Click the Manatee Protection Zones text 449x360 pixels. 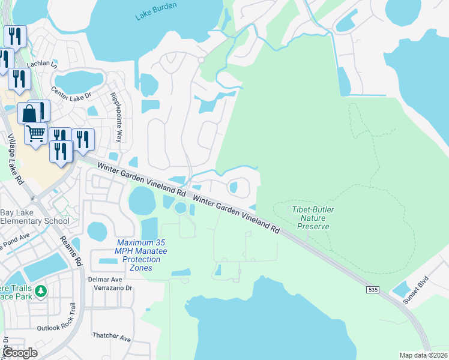[x=139, y=255]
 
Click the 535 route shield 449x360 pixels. [x=372, y=290]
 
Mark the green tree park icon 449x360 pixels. [x=41, y=292]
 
